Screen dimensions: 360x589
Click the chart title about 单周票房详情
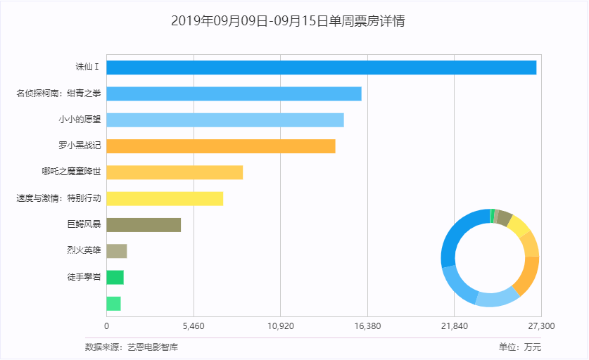(x=288, y=21)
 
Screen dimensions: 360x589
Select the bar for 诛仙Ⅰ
(x=321, y=67)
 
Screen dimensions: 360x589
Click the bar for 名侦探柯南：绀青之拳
(x=234, y=94)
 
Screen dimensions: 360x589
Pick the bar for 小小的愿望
(x=225, y=120)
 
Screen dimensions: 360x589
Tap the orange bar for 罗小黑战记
(x=221, y=146)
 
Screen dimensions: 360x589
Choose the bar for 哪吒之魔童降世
(x=175, y=172)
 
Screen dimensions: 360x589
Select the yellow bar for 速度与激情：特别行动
(x=165, y=198)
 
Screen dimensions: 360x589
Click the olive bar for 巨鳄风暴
(x=144, y=225)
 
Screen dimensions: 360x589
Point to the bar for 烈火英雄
(x=117, y=251)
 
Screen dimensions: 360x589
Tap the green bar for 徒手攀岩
(x=115, y=277)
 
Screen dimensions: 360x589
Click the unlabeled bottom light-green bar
(x=114, y=304)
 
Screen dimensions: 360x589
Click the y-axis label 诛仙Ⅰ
(x=88, y=67)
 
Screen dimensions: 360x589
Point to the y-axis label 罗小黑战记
(x=80, y=146)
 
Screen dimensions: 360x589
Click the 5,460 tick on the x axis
(x=194, y=326)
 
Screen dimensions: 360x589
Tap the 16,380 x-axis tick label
(x=367, y=326)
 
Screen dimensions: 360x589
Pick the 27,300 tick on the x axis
(x=540, y=326)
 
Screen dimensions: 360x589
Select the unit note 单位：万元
(x=520, y=347)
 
